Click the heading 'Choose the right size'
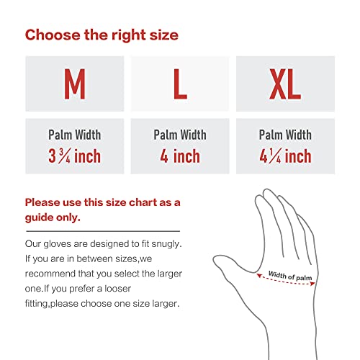[102, 35]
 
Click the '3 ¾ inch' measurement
[74, 156]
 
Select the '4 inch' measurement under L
[180, 156]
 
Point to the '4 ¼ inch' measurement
[285, 156]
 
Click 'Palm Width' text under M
[74, 135]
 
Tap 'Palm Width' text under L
[180, 135]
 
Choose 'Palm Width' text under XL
[285, 135]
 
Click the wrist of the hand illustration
[288, 338]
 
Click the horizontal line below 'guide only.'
[108, 229]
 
